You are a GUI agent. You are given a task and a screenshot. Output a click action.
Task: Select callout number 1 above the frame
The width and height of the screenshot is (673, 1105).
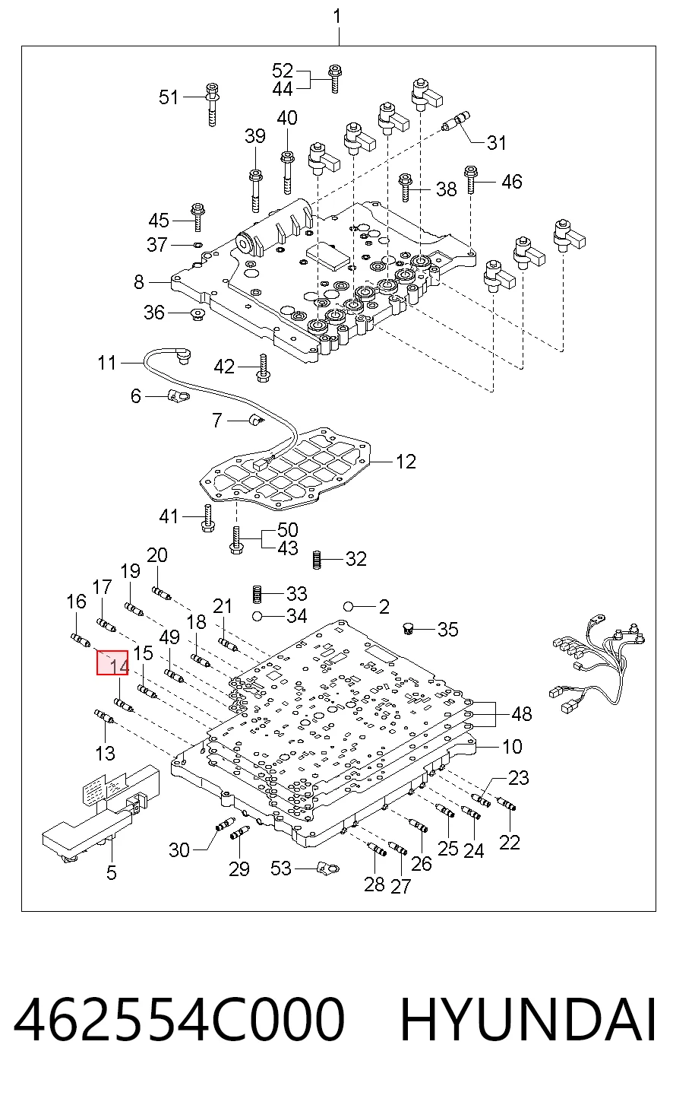tap(337, 17)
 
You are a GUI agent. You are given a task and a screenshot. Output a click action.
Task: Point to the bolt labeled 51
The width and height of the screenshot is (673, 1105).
tap(213, 104)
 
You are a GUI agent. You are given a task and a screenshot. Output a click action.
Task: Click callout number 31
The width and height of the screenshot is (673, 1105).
tap(496, 142)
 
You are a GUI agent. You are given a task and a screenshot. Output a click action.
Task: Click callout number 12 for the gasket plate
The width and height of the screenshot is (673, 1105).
tap(406, 462)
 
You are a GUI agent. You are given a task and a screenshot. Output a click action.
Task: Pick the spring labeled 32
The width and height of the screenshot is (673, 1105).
tap(318, 560)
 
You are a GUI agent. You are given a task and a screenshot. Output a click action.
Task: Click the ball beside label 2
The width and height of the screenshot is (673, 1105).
tap(349, 606)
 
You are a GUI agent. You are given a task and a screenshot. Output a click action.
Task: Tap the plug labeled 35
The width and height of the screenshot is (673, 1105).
tap(408, 628)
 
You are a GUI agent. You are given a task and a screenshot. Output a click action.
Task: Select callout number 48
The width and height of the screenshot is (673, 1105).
tap(521, 714)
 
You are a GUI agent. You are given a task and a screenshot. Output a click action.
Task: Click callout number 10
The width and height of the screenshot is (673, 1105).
tap(512, 747)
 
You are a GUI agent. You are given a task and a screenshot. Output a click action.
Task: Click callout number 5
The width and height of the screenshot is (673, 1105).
tap(112, 872)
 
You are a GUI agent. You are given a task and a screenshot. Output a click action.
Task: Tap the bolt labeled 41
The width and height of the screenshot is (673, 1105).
tap(208, 518)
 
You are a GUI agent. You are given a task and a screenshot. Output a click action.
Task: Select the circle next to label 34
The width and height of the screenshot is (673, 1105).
tap(256, 616)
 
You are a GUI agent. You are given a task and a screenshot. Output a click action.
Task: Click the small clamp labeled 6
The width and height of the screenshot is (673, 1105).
tap(179, 395)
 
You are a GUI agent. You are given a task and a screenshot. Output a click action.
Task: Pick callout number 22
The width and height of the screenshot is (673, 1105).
tap(509, 843)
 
